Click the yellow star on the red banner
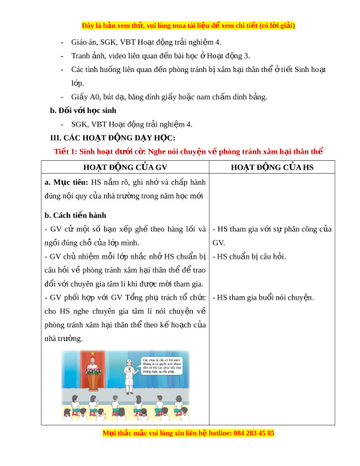[93, 354]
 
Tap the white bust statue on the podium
[93, 364]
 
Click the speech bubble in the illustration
[161, 366]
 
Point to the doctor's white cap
[129, 362]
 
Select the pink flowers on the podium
[93, 371]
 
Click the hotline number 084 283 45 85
[254, 432]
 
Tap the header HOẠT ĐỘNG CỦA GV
[125, 167]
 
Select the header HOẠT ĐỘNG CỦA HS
[272, 167]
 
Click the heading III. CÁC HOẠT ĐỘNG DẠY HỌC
[113, 138]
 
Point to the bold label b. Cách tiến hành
[75, 215]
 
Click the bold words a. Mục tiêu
[66, 183]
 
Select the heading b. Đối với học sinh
[83, 110]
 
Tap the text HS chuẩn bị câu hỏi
[251, 256]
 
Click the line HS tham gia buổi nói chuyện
[266, 298]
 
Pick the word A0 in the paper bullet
[95, 97]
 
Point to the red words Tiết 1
[66, 151]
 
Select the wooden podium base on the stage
[94, 382]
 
